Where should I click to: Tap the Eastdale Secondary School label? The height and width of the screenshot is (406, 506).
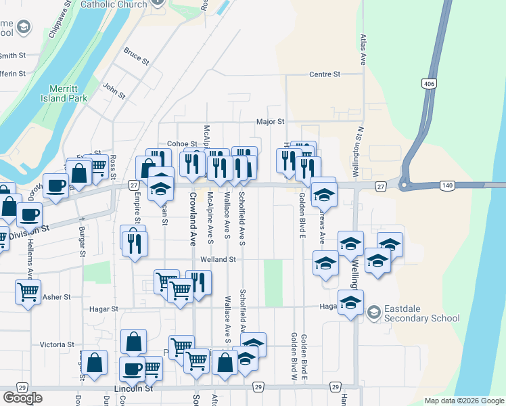(x=422, y=313)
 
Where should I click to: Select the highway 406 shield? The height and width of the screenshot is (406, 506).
(x=428, y=83)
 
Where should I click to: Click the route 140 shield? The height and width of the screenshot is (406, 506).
(x=430, y=185)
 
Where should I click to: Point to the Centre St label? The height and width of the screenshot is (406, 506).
(x=325, y=74)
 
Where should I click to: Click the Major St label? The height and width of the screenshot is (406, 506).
(x=271, y=122)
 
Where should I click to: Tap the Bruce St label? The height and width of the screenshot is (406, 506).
(x=136, y=55)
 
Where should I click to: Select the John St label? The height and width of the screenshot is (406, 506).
(x=114, y=91)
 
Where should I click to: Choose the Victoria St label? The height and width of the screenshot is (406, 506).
(x=57, y=344)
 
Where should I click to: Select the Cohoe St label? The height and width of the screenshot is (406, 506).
(x=181, y=144)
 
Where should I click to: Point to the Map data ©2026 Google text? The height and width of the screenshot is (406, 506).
(x=463, y=401)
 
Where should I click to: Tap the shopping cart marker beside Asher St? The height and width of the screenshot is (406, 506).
(x=28, y=292)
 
